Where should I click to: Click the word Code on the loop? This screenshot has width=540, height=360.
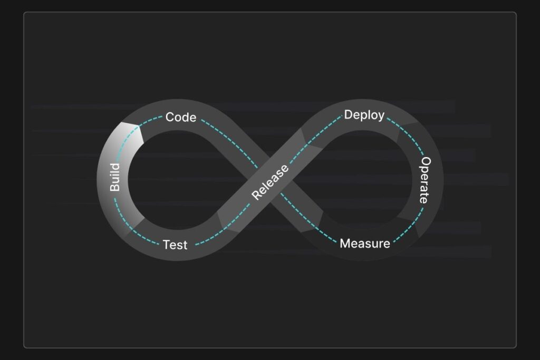[x=181, y=117]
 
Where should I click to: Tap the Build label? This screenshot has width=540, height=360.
[x=115, y=177]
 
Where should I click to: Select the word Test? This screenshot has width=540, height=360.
[x=175, y=245]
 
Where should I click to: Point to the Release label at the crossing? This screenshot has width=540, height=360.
[x=270, y=182]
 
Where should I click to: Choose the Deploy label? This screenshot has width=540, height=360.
[x=364, y=115]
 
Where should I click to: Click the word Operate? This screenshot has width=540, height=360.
[x=425, y=180]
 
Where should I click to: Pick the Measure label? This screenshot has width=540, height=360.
[x=365, y=244]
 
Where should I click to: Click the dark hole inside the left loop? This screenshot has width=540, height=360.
[x=174, y=179]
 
